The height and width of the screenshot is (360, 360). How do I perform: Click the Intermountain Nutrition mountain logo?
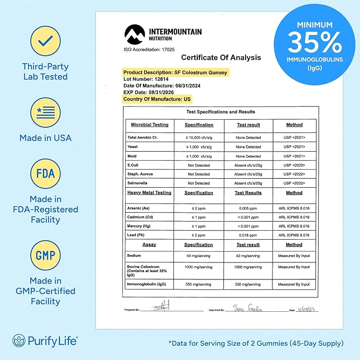[x=135, y=36]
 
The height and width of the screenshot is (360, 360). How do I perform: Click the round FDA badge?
[x=46, y=173]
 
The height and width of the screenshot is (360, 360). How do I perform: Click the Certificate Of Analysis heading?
[x=221, y=57]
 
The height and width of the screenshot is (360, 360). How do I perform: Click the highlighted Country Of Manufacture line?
[x=157, y=99]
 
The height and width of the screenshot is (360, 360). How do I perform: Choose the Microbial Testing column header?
[x=150, y=125]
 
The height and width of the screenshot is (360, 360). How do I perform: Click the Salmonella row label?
[x=139, y=183]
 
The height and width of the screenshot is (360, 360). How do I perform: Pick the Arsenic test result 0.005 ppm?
[x=248, y=208]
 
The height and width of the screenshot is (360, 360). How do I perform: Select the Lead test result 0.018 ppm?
[x=248, y=235]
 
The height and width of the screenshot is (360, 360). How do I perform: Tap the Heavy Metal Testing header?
[x=150, y=193]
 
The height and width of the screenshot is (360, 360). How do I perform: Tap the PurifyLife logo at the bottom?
[x=45, y=340]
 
